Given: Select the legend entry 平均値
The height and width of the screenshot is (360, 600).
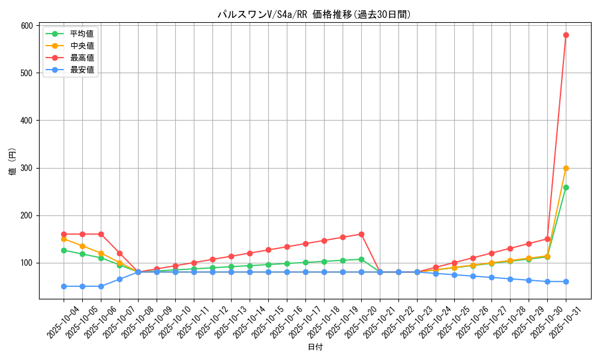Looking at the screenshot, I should pos(82,34).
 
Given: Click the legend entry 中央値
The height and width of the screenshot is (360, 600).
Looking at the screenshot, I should pos(82,46).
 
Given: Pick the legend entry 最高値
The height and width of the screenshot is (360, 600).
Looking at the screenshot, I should pos(82,58).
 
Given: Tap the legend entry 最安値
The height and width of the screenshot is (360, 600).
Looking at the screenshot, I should pos(82,70).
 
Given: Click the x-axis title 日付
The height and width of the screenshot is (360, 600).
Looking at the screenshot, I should pos(315,347).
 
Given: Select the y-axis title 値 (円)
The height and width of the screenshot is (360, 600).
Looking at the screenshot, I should pos(13,162).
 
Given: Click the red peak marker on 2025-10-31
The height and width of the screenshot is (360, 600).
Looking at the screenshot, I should pos(566,35).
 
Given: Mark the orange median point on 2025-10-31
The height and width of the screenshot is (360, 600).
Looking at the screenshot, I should pos(566,168).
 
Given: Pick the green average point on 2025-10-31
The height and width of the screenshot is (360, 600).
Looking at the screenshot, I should pos(566,187).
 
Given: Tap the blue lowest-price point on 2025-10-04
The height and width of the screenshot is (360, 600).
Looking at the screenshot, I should pos(64,286).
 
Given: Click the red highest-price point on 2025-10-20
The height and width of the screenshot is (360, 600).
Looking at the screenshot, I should pos(361,234).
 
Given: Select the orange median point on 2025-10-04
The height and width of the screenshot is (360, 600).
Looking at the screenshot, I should pos(64,239).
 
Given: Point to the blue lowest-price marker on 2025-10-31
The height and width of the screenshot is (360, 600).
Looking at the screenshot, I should pos(566,281).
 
